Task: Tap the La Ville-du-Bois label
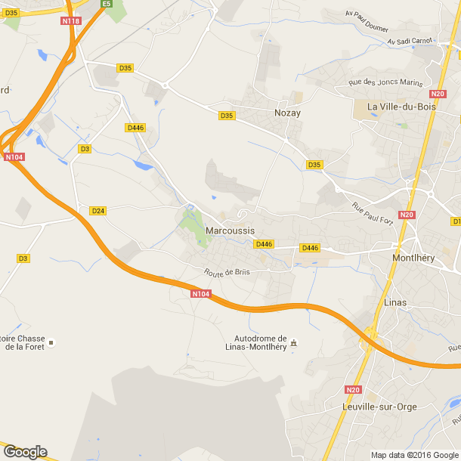[398, 107]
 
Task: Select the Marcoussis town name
[230, 230]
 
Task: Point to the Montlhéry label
[413, 257]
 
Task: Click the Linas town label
[395, 302]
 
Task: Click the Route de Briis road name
[226, 272]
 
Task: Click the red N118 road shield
[71, 21]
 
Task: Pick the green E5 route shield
[107, 5]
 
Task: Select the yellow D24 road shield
[97, 210]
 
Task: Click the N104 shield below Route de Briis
[200, 294]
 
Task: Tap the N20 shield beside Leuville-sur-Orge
[353, 389]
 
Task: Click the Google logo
[25, 451]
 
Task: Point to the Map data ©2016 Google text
[414, 455]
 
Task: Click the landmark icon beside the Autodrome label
[294, 343]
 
